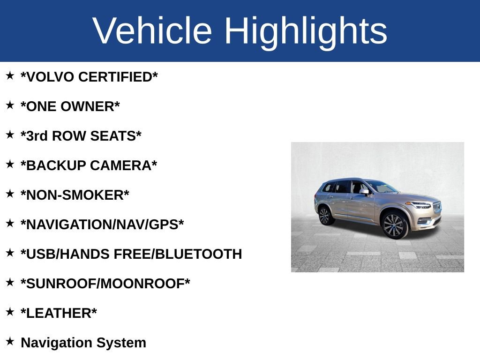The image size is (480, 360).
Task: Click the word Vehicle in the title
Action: pos(152,31)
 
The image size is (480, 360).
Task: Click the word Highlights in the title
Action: pos(306,31)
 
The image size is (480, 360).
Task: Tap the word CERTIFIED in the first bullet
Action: pos(118,77)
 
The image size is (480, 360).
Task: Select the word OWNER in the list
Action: pos(94,106)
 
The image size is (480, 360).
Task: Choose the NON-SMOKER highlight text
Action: pos(75,195)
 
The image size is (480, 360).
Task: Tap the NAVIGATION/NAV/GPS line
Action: pos(102,225)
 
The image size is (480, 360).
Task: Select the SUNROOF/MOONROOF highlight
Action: pos(105,284)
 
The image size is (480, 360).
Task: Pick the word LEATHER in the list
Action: pos(59,313)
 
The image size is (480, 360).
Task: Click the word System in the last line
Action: pos(121,343)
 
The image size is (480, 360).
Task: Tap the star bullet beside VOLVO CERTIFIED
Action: pos(10,75)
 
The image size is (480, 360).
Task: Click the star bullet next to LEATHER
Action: pos(10,312)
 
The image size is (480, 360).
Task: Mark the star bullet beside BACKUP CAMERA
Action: pos(10,164)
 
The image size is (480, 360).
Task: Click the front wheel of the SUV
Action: pos(394,225)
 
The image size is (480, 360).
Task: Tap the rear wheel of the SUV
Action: pos(324,216)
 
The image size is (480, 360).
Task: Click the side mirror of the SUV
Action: pos(364,192)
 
